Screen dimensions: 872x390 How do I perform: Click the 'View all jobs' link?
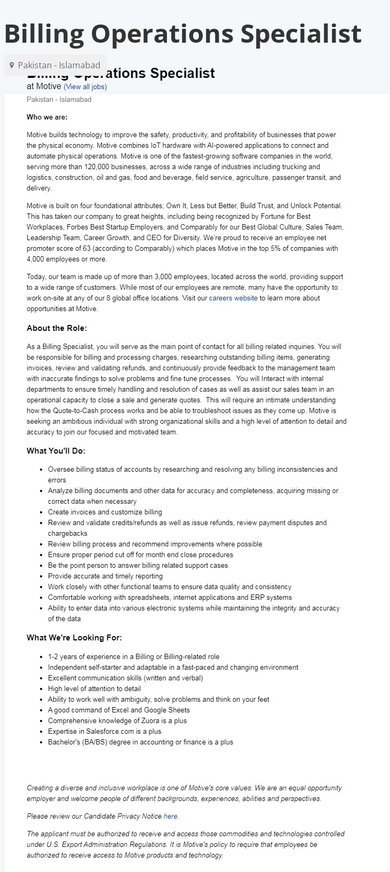pyautogui.click(x=85, y=86)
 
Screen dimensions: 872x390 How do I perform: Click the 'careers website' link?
pyautogui.click(x=233, y=298)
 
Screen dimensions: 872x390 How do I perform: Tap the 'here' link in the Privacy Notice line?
pyautogui.click(x=171, y=816)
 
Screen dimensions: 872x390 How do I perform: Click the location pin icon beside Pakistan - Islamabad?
pyautogui.click(x=12, y=66)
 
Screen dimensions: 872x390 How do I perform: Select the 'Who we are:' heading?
pyautogui.click(x=47, y=117)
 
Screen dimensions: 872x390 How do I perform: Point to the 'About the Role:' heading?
pyautogui.click(x=57, y=328)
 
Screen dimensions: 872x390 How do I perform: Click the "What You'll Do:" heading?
pyautogui.click(x=56, y=450)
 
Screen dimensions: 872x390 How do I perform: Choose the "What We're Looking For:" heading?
pyautogui.click(x=74, y=637)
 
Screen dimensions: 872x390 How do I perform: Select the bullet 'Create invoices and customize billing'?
pyautogui.click(x=105, y=512)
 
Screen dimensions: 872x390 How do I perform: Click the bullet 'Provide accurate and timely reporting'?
pyautogui.click(x=105, y=576)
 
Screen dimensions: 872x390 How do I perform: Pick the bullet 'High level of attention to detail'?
pyautogui.click(x=94, y=688)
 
